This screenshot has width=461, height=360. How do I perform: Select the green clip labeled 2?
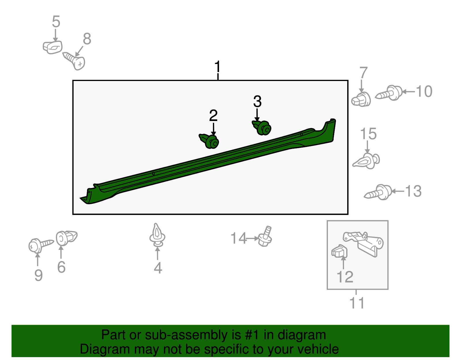[209, 141]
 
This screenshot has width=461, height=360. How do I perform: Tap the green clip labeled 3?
[262, 127]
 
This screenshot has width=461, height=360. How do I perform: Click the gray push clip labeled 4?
[157, 235]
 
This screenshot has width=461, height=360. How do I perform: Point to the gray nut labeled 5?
[52, 47]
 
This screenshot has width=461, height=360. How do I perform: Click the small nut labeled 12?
[339, 251]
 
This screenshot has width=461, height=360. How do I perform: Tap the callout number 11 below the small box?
[357, 303]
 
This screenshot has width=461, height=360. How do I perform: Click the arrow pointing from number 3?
[257, 115]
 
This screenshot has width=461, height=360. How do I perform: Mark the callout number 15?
[368, 134]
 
